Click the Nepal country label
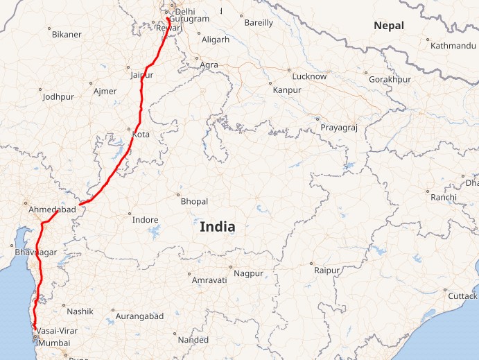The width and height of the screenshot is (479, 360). coord(388,26)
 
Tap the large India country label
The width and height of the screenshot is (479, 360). coord(217,227)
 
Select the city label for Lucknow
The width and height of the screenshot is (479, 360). coord(309,76)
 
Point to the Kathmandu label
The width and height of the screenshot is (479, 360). coord(453,46)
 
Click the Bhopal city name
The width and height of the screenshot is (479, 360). coord(194,201)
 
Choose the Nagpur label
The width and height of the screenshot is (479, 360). coord(248,273)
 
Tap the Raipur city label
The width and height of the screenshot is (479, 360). coord(328,270)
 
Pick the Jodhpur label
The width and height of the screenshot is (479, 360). coord(58,97)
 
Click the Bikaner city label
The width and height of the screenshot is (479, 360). coord(67,34)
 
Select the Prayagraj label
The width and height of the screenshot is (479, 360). coord(338,128)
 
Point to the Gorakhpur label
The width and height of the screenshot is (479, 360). coord(390,80)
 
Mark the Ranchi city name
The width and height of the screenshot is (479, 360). coord(443,198)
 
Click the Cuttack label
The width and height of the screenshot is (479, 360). coord(462,296)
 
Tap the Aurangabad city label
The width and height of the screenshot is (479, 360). coord(139,316)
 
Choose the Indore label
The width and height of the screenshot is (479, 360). coord(146,220)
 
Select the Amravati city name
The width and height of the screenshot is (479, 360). coord(209,280)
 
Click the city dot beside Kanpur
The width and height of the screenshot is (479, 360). coord(270,83)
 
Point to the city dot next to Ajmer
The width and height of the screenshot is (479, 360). coord(92,83)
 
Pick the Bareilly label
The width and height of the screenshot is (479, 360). coord(259,23)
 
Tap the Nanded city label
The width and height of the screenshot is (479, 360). coord(193,340)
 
